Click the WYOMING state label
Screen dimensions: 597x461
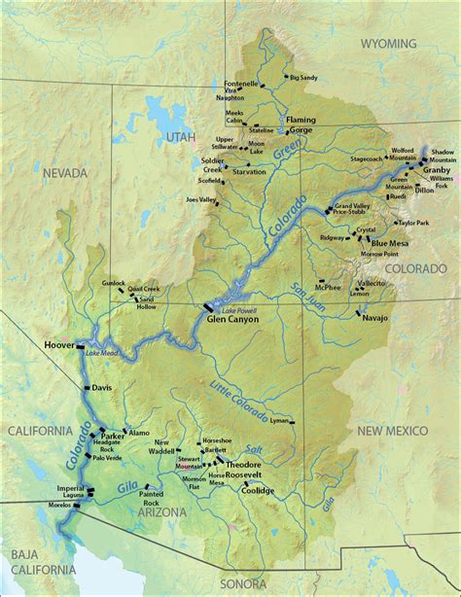pyautogui.click(x=388, y=44)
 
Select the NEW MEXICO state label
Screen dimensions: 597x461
pyautogui.click(x=393, y=429)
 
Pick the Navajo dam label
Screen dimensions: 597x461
pyautogui.click(x=374, y=318)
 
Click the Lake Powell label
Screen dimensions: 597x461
pyautogui.click(x=230, y=298)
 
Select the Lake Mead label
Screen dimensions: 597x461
pyautogui.click(x=101, y=352)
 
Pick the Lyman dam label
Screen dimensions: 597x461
pyautogui.click(x=281, y=421)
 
